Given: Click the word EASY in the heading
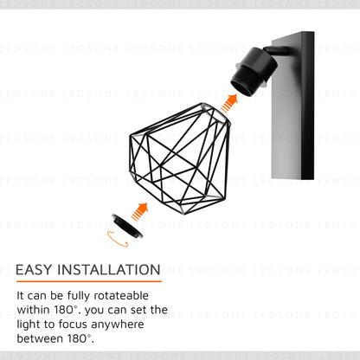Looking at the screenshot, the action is tap(34, 270).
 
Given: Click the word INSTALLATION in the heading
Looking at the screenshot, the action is tap(109, 270).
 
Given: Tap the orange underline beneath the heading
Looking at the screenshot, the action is tap(89, 281).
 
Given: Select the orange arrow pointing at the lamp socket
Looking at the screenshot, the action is tap(229, 103).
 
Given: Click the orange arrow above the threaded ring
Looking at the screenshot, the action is tap(140, 211).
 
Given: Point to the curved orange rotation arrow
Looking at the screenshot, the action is tap(118, 240).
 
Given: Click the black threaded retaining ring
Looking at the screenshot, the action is tap(127, 226).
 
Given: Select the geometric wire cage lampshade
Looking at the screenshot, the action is tap(180, 158).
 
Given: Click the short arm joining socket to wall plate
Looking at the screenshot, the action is tap(276, 50).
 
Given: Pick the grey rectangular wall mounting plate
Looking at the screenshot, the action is tap(292, 106).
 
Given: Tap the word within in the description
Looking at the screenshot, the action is tap(33, 310).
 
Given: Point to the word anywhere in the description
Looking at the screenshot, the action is tap(118, 325).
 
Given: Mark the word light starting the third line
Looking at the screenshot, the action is tap(29, 325).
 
